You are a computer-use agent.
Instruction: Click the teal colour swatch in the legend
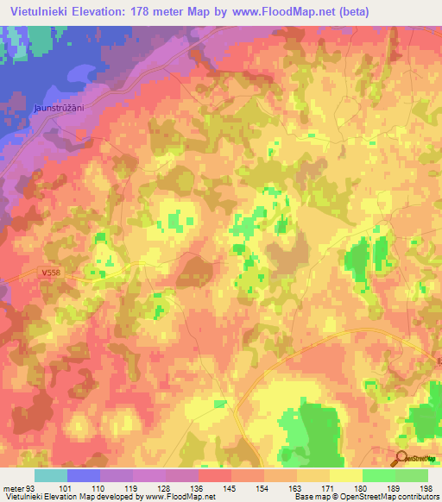point(50,475)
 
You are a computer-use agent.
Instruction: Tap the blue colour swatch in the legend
point(83,475)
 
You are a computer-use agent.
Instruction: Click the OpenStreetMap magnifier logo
point(402,459)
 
